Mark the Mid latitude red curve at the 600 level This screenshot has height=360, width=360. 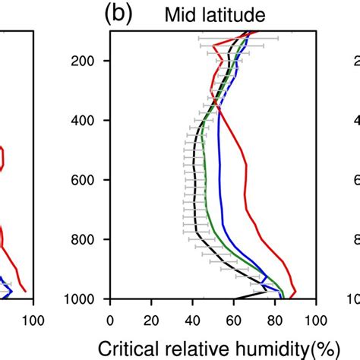248,180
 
